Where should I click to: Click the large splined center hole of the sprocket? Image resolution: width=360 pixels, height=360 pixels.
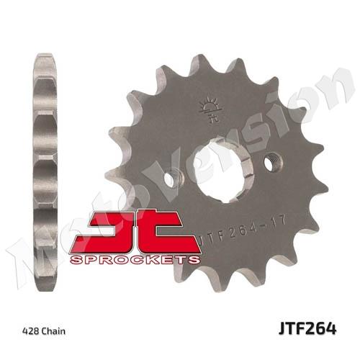tap(223, 171)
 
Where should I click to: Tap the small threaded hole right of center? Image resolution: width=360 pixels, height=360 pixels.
tap(274, 163)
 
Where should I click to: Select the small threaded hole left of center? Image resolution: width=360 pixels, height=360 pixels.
tap(174, 178)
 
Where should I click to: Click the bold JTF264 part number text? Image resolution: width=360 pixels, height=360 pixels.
tap(307, 328)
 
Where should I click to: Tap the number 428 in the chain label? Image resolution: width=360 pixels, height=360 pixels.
tap(30, 331)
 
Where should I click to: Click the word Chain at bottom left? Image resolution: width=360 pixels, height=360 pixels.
tap(53, 331)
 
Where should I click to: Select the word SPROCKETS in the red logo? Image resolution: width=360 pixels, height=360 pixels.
tap(135, 260)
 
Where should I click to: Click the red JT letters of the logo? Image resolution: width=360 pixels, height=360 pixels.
tap(135, 232)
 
